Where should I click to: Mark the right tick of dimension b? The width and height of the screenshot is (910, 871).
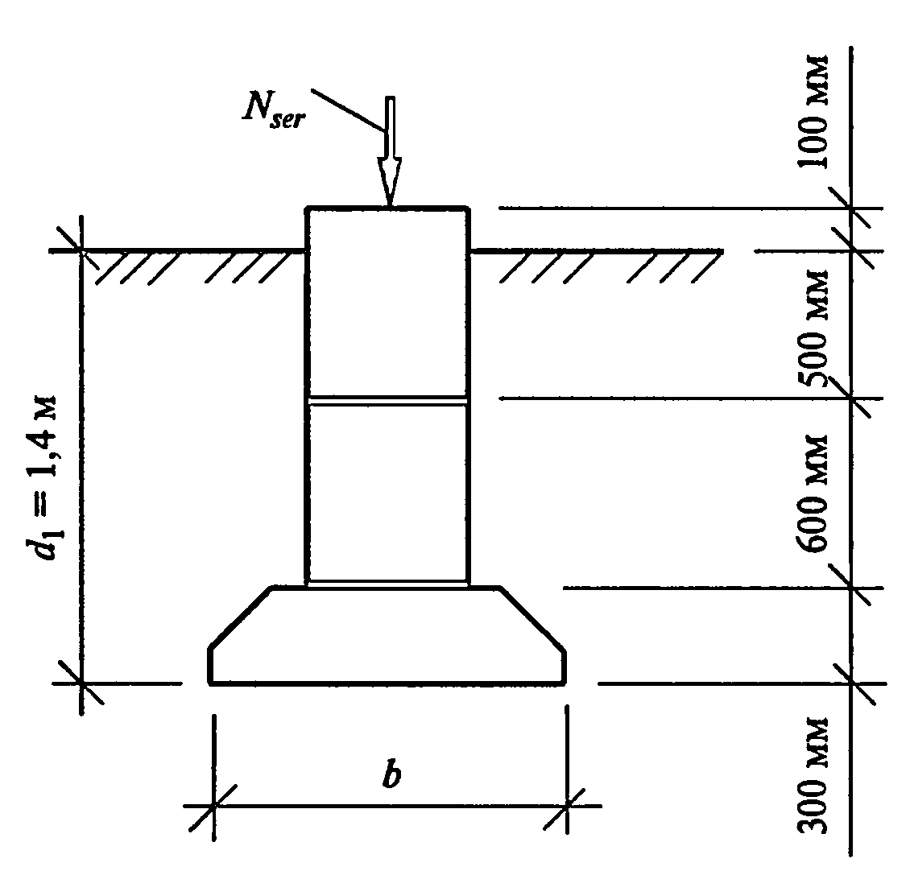click(x=568, y=804)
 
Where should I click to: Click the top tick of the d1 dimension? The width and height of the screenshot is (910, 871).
click(x=82, y=251)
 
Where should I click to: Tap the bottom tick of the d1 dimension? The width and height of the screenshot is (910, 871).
click(x=82, y=684)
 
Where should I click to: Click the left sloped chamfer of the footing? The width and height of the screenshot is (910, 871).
click(x=240, y=617)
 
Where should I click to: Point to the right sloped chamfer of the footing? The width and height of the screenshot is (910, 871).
click(x=532, y=617)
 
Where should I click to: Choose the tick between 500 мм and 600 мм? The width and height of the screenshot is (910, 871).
click(x=852, y=398)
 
